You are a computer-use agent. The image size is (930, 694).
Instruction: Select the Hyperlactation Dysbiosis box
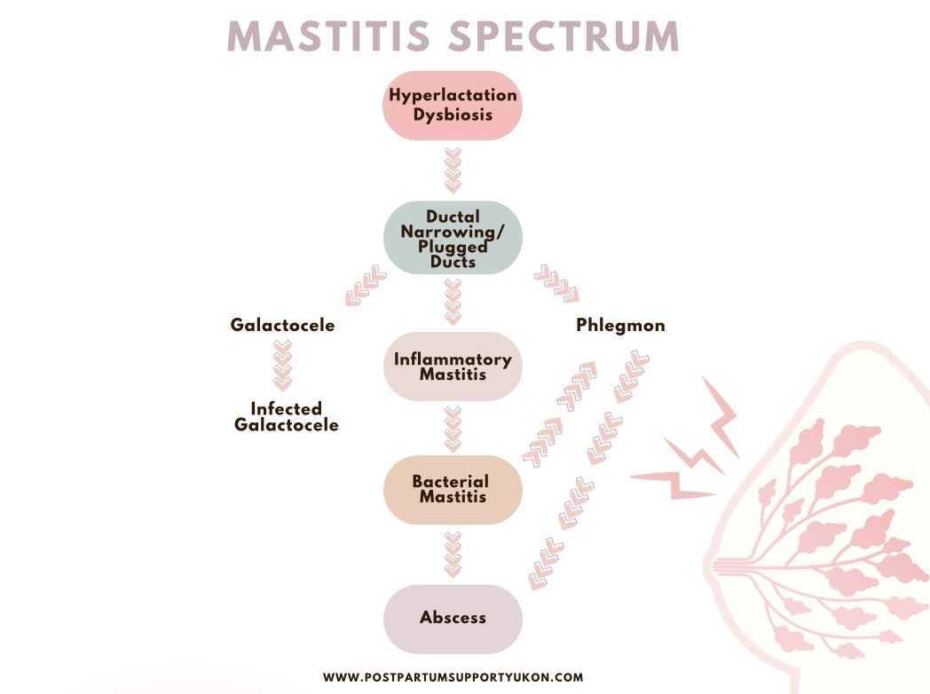(453, 106)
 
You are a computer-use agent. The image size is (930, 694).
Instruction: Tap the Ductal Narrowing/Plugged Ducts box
(453, 238)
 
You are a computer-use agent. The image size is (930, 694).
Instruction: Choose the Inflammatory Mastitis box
(453, 367)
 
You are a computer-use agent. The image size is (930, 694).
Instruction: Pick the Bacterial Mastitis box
(453, 489)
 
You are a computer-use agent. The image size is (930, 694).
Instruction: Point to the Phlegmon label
(620, 326)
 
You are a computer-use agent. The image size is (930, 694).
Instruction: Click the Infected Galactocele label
(287, 416)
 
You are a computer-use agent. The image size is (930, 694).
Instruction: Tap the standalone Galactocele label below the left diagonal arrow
(282, 326)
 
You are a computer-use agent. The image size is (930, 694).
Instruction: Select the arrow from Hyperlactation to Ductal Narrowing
(453, 170)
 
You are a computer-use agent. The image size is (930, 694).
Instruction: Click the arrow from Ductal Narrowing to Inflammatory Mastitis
(453, 301)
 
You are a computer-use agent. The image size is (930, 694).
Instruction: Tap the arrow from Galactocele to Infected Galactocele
(282, 366)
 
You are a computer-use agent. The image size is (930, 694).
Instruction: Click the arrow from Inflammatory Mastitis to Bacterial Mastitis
(453, 428)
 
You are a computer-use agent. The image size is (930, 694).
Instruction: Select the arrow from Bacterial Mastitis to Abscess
(453, 553)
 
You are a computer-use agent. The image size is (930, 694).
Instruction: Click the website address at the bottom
(453, 677)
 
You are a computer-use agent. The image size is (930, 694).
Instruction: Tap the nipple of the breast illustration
(710, 564)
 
